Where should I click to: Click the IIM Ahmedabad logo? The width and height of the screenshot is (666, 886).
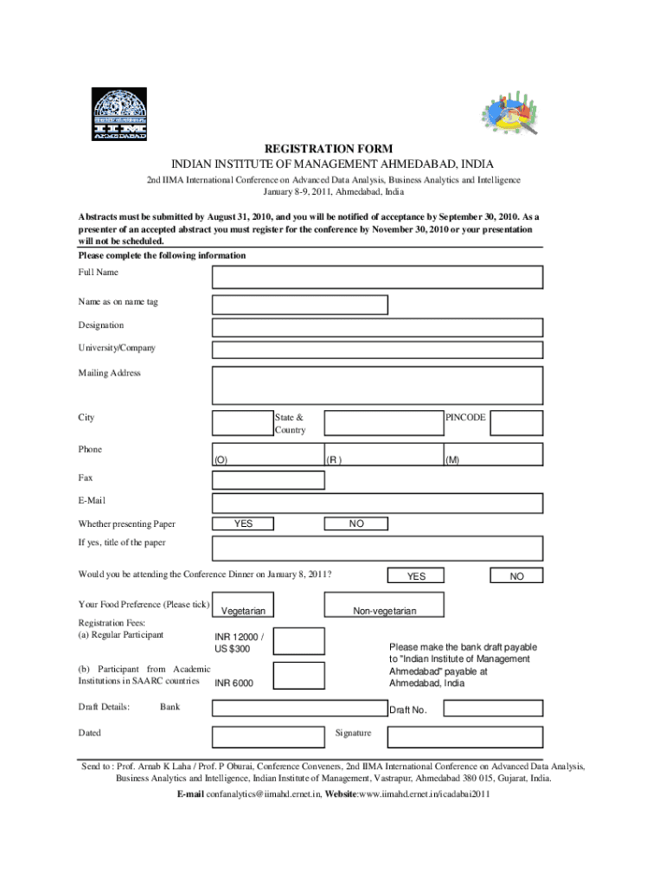121,114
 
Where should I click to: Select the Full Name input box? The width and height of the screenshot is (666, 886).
378,277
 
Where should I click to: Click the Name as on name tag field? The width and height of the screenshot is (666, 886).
300,305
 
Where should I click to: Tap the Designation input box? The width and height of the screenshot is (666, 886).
378,327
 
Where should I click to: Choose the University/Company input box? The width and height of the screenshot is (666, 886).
378,350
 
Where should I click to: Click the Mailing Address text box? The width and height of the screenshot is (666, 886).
378,385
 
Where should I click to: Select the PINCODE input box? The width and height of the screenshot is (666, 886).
516,423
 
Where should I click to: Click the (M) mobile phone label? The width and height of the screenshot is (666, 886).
452,460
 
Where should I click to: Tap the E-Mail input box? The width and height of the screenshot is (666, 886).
378,503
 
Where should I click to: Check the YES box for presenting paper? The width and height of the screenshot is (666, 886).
244,523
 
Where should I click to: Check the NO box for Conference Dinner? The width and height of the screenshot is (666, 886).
516,576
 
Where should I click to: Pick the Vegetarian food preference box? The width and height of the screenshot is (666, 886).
244,605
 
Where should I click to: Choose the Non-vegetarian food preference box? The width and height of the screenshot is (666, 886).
384,605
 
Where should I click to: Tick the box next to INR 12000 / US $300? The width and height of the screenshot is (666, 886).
299,641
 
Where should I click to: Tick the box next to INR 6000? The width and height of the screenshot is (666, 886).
299,676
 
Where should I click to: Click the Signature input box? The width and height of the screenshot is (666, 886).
465,736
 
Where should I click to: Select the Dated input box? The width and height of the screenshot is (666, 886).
269,736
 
